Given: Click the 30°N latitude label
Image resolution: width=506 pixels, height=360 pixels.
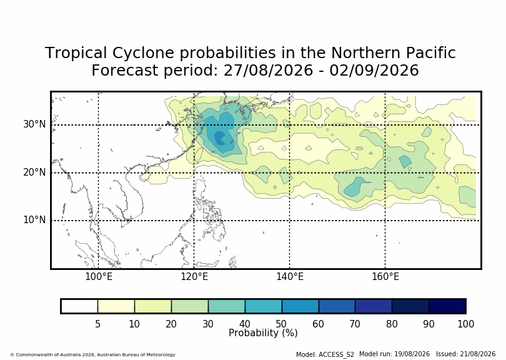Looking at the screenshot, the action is point(34,124).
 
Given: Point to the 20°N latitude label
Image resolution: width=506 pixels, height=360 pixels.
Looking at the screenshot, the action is point(34,172).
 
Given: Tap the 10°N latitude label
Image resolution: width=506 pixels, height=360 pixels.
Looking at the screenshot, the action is point(34,220).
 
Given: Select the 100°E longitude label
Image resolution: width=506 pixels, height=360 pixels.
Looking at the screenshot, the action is point(99,277).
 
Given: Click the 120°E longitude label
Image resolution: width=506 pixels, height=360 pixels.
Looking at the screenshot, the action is point(194,277).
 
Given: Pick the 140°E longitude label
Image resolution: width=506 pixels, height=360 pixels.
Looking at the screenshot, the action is point(290,277).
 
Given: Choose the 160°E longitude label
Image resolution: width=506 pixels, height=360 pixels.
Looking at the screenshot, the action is point(385,277).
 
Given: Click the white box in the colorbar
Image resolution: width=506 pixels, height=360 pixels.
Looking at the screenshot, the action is point(79,306).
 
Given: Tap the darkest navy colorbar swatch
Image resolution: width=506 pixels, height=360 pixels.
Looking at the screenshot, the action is point(447,306).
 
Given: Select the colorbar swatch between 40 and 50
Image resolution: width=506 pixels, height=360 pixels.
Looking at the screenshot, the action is point(264,306).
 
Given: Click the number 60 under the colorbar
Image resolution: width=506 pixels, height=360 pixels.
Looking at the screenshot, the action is point(318,324).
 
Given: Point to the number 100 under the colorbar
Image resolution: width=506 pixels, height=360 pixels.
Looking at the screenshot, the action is point(465,324).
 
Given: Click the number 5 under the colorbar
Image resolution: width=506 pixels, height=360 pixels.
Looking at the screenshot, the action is point(98,324).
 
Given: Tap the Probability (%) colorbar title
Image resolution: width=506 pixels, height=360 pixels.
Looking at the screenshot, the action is point(263,333).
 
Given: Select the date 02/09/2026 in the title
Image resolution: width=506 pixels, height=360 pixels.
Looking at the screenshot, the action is point(374,71).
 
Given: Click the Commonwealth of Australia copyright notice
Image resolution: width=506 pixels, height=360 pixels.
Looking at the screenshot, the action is point(93,354).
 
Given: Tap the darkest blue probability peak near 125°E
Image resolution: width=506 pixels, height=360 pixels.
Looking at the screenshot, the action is point(220,138).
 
